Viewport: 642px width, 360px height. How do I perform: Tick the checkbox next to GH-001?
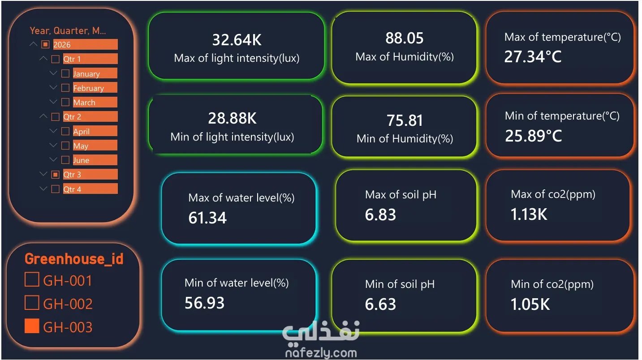coord(32,279)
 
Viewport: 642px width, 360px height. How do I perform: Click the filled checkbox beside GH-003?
coord(32,326)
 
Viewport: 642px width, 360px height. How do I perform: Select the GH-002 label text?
coord(68,304)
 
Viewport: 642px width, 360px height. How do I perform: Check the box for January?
coord(65,73)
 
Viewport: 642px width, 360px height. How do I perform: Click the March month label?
coord(84,102)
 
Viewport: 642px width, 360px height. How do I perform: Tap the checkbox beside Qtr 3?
coord(55,175)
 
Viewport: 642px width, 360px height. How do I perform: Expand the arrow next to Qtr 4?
coord(43,189)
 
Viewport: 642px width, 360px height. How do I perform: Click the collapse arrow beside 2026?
coord(33,44)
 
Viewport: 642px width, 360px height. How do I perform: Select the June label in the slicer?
coord(81,160)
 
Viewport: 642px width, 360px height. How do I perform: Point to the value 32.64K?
coord(237,40)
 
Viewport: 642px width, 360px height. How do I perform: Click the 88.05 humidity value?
coord(405,38)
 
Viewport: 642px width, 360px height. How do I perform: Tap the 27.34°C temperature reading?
coord(533,56)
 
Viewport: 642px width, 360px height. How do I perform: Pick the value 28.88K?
coord(233,118)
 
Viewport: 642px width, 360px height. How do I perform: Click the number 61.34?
coord(207,218)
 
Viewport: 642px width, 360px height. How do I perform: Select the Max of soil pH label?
coord(401,195)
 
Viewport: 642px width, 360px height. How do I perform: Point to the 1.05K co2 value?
coord(530,304)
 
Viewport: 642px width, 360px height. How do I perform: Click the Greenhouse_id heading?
coord(74,259)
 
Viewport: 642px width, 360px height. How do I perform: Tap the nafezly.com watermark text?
coord(321,353)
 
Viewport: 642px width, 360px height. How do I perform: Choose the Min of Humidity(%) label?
coord(405,139)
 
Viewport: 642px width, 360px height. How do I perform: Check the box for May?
coord(65,146)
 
